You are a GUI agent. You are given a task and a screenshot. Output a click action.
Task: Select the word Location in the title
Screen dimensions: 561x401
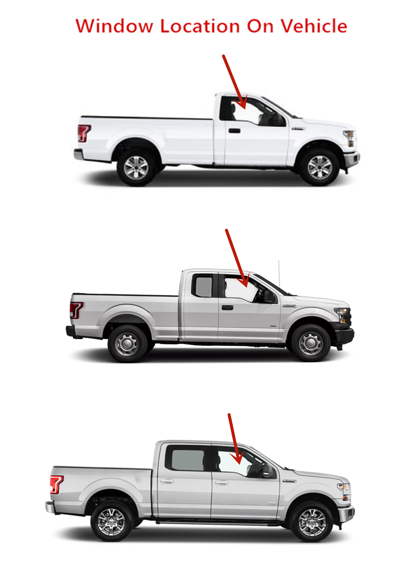200,26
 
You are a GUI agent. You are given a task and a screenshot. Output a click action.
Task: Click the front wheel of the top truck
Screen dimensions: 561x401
320,167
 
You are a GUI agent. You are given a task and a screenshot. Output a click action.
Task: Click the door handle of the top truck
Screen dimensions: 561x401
235,131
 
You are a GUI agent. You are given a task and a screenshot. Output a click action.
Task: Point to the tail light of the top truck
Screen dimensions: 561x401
84,133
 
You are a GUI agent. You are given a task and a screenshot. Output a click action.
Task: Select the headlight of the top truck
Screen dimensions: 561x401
350,137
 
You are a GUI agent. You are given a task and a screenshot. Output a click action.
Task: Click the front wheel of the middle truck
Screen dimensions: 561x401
311,343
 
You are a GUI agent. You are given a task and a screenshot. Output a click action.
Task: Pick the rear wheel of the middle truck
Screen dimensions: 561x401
127,344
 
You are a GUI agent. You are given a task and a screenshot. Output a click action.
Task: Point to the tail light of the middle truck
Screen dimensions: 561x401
76,310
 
